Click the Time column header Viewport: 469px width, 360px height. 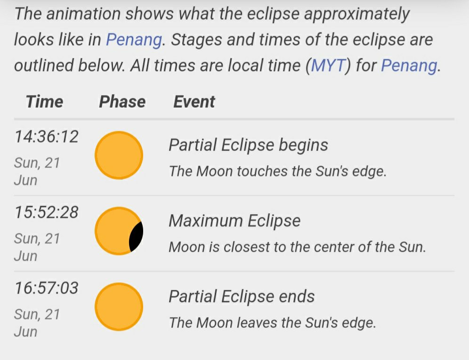click(45, 101)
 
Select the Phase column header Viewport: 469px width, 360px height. click(122, 101)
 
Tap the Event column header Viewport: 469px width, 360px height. click(194, 101)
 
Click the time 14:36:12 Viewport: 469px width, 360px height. click(46, 136)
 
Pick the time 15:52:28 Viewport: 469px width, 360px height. click(46, 212)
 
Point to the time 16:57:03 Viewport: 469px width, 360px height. click(46, 288)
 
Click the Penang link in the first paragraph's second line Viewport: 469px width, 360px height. click(134, 40)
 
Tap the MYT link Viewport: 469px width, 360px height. click(328, 65)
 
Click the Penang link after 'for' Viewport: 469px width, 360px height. click(409, 66)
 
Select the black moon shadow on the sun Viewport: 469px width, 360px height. click(137, 236)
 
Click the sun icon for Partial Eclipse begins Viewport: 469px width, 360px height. click(119, 155)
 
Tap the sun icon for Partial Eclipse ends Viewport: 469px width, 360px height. click(119, 307)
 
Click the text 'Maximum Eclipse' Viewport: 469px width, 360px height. click(234, 221)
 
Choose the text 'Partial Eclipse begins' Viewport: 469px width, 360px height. click(248, 145)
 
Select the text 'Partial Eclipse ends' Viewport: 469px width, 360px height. click(242, 296)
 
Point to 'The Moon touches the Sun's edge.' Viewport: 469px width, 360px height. click(277, 171)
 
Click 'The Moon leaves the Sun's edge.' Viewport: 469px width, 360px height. click(272, 323)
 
